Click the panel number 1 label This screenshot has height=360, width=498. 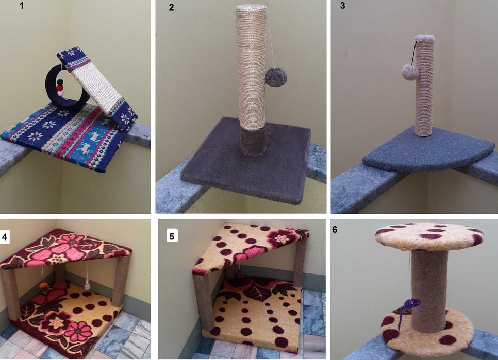pyautogui.click(x=22, y=5)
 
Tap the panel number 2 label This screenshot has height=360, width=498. pyautogui.click(x=171, y=7)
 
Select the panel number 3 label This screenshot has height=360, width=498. pyautogui.click(x=342, y=5)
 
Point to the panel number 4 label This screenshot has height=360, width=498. pyautogui.click(x=5, y=237)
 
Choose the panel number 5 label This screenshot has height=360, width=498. pyautogui.click(x=172, y=236)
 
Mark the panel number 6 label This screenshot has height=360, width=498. pyautogui.click(x=335, y=229)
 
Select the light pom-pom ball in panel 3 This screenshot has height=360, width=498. pyautogui.click(x=410, y=72)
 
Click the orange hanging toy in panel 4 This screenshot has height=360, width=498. pyautogui.click(x=43, y=285)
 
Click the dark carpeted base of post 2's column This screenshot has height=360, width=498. pyautogui.click(x=253, y=141)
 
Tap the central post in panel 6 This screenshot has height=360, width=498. pyautogui.click(x=429, y=290)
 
